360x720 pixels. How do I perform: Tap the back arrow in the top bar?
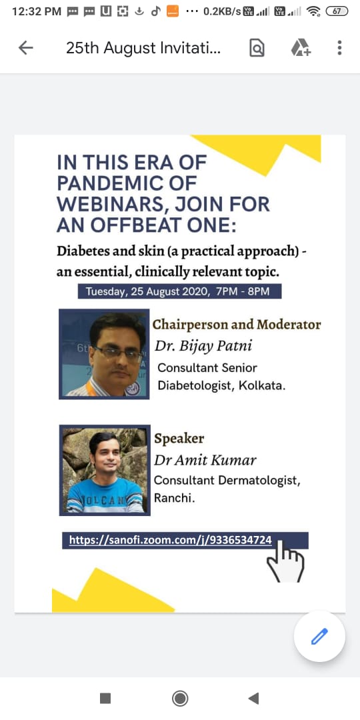pos(26,48)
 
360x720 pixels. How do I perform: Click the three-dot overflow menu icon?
pos(339,48)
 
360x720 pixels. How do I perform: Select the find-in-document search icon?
pos(257,48)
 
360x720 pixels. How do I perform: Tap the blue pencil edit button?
pos(319,637)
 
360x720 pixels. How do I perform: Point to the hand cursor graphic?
pos(285,560)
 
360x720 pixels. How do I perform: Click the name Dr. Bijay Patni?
pos(203,346)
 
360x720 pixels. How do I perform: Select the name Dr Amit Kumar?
pos(205,459)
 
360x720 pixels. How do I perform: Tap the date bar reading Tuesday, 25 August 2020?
pos(179,291)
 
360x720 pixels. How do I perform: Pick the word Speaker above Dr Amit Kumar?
pos(179,439)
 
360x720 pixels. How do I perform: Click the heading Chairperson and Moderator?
pos(237,325)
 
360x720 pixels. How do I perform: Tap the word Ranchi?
pos(174,498)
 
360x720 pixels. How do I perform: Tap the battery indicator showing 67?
pos(337,11)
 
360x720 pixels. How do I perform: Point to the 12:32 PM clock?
pos(37,11)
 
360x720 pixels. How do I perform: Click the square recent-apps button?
pos(105,699)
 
